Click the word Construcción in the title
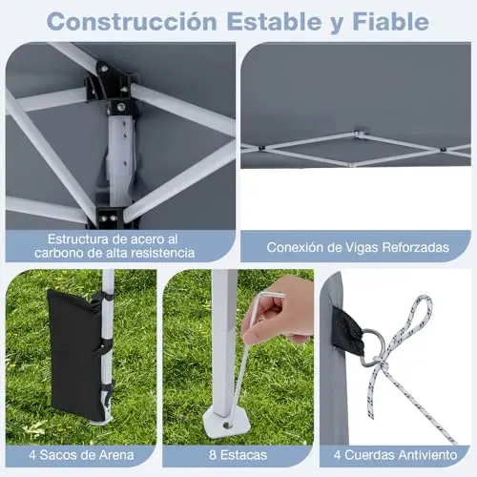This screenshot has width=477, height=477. tap(132, 22)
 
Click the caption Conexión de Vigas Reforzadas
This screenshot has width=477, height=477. tap(358, 247)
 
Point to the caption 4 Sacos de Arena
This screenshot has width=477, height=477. tap(81, 455)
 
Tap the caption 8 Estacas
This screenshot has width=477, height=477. tap(238, 455)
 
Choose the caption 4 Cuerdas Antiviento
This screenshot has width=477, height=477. tap(395, 455)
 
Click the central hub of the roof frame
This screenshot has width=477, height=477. tap(360, 132)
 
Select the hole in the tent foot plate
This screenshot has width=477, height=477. tap(227, 425)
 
